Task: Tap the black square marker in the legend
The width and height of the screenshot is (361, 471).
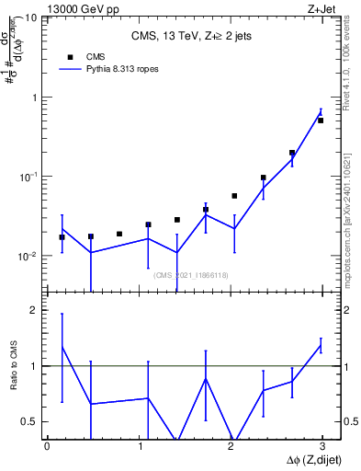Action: pos(71,56)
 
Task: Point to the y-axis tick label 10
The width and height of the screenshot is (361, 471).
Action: pos(31,17)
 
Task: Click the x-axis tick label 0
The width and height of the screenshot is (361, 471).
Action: pos(46,446)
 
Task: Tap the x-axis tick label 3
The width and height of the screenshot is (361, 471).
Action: pos(323,446)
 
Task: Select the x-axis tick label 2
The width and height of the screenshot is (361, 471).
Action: pos(231,446)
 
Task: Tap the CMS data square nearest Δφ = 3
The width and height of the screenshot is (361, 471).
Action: pos(321,121)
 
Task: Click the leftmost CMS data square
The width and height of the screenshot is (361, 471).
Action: pos(62,237)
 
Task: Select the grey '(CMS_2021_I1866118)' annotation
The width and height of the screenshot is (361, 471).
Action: pos(190,275)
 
